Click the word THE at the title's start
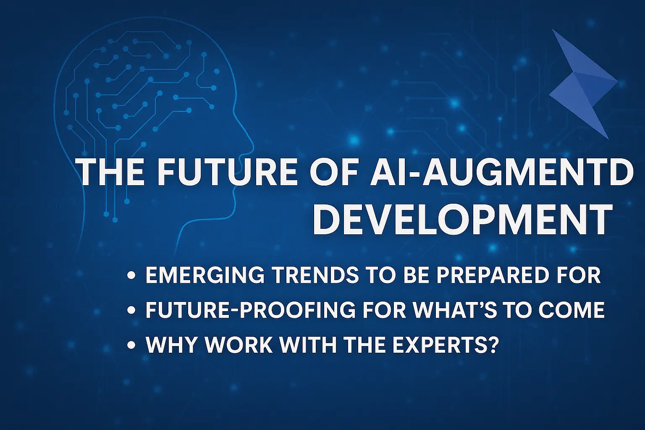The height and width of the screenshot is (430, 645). (x=112, y=172)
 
